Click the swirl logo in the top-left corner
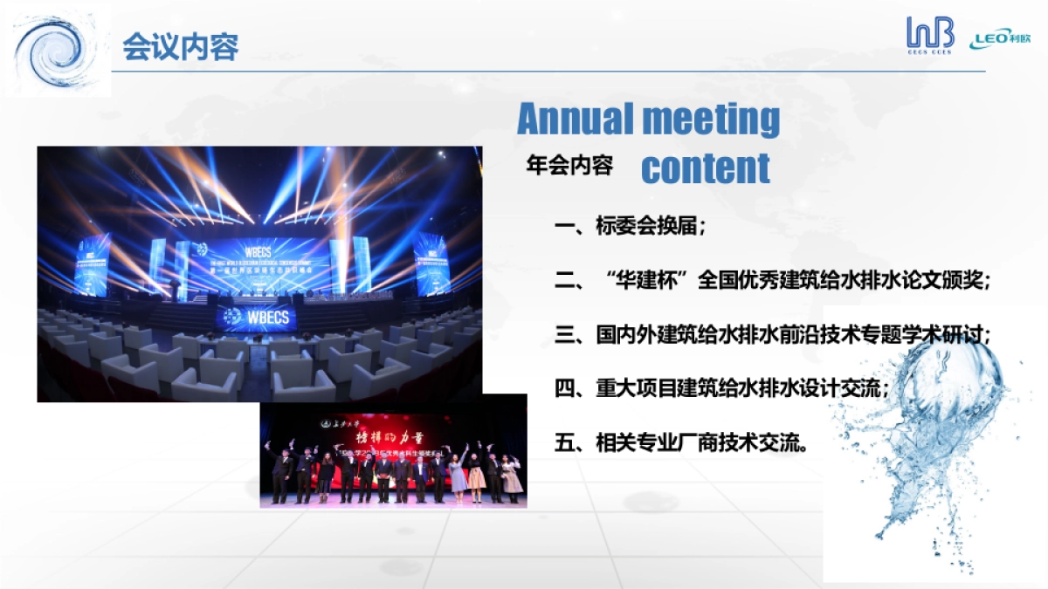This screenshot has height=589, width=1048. click(58, 50)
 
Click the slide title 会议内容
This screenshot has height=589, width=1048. click(180, 46)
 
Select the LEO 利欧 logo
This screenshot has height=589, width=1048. click(1004, 40)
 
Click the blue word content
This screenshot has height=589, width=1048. click(705, 168)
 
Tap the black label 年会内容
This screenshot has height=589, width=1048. click(569, 166)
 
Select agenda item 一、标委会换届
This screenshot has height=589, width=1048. click(629, 227)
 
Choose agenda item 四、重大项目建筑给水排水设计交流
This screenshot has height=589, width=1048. click(721, 388)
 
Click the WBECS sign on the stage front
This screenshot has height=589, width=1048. click(259, 315)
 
